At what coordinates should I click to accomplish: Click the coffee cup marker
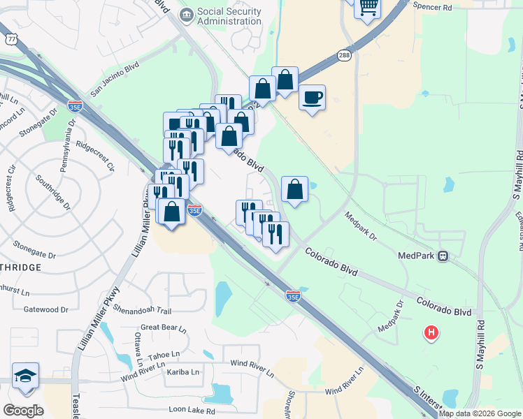pos(312,97)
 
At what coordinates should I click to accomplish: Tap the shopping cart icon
pos(368,8)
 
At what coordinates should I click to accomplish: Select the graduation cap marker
pos(25,376)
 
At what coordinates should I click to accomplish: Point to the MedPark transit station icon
pos(443,256)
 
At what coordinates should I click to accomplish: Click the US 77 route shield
pos(11,39)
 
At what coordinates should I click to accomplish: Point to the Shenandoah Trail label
pos(142,311)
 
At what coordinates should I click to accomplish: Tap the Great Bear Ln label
pos(164,328)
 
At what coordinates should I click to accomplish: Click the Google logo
pos(23,411)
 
